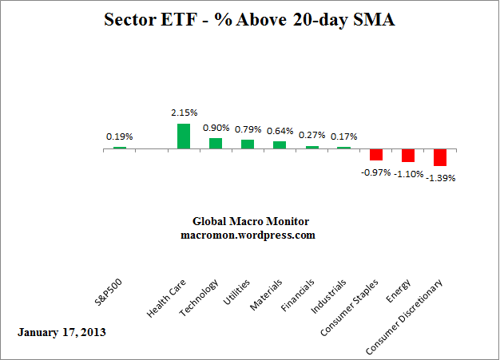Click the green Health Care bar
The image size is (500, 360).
(x=184, y=136)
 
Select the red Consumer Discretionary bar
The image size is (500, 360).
(x=440, y=157)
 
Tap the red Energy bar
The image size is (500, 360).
(x=408, y=155)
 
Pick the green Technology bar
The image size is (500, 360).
(x=216, y=143)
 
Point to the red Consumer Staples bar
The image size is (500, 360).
(x=376, y=154)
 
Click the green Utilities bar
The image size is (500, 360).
(x=248, y=144)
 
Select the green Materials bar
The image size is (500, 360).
(x=280, y=144)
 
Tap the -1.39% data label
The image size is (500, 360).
(x=440, y=178)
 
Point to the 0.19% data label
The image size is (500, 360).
(x=120, y=136)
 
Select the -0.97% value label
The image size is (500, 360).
(x=376, y=170)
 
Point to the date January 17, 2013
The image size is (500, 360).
(x=62, y=330)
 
